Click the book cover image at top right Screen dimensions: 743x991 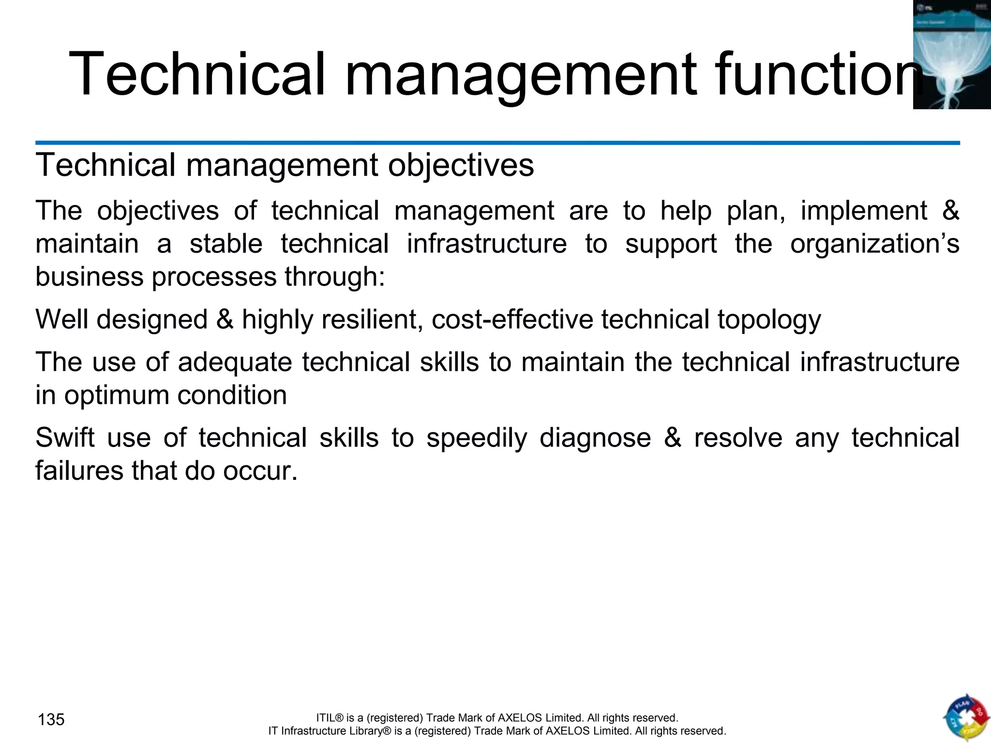point(951,54)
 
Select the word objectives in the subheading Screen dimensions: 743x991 point(461,165)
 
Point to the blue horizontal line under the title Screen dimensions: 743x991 point(497,143)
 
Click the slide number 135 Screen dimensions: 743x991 point(51,720)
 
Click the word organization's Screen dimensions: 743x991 point(874,243)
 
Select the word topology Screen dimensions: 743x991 point(769,320)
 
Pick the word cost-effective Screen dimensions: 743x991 point(512,320)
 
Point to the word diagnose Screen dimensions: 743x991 point(595,438)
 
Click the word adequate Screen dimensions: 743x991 point(235,362)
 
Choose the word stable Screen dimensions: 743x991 point(225,243)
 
